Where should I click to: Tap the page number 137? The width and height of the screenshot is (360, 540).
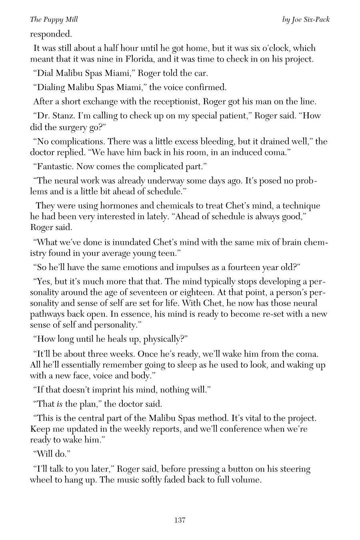point(180,520)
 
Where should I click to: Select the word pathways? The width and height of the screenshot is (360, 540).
point(47,314)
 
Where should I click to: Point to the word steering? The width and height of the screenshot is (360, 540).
point(295,469)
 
